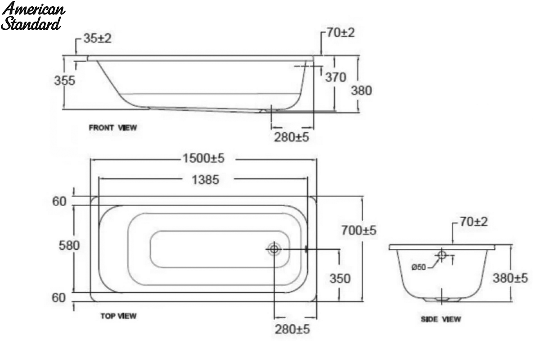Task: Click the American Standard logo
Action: point(33,16)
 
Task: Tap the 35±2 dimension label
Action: point(97,38)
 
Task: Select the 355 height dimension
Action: point(64,81)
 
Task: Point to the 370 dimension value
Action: point(336,77)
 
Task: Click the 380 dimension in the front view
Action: point(361,90)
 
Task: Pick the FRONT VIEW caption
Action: point(113,127)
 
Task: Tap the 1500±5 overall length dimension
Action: point(203,158)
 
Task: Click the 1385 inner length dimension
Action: point(205,180)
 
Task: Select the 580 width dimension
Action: point(69,246)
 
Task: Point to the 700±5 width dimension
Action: point(359,230)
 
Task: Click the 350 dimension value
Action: point(340,279)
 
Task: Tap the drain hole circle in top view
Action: point(274,248)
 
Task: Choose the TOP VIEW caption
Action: point(118,316)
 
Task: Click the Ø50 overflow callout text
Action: point(418,267)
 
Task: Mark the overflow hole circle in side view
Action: point(441,255)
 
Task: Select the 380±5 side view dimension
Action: point(510,278)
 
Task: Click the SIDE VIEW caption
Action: point(441,319)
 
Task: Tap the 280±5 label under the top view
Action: point(292,329)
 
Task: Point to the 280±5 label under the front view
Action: point(292,137)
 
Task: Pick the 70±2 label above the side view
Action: point(474,222)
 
